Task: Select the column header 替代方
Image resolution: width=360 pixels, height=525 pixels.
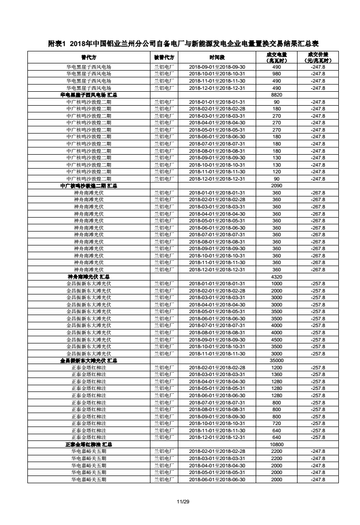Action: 88,57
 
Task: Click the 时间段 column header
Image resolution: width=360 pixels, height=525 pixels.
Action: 217,57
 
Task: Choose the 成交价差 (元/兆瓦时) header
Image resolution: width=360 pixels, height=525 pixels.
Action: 318,57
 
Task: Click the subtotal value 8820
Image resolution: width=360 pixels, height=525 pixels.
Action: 276,95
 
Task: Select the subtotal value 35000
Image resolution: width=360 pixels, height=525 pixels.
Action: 276,360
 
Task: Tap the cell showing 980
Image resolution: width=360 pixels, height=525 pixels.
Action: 276,74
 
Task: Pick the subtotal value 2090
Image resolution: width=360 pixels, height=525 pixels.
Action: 276,186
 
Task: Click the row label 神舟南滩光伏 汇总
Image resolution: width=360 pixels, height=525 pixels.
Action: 88,277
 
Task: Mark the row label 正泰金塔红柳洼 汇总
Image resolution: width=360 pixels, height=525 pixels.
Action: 88,444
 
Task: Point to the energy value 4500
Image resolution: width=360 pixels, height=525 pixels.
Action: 276,340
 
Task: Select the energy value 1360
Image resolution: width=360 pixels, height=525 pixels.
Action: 276,374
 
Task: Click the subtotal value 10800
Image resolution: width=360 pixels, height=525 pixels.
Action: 276,444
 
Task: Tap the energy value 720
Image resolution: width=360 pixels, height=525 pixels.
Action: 276,423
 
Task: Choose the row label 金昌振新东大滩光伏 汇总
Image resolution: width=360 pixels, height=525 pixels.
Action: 88,360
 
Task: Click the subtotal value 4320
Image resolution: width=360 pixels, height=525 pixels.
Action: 276,277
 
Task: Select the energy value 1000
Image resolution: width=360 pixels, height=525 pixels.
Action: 276,283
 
